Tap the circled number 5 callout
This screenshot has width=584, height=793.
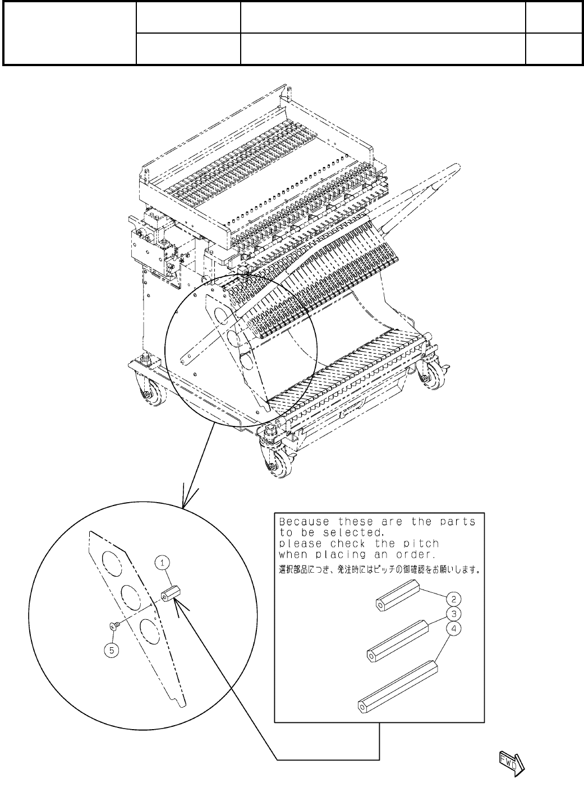113,651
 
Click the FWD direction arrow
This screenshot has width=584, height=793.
510,763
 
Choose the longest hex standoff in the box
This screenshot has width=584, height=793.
398,685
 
